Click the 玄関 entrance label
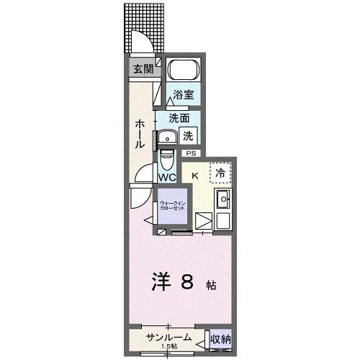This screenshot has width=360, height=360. [142, 69]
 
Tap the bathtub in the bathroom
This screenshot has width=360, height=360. [182, 71]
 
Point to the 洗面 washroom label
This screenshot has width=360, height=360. [179, 118]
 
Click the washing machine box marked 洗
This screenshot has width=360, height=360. [186, 135]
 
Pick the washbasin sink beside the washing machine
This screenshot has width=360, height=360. [167, 136]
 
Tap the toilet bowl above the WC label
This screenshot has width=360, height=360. [167, 157]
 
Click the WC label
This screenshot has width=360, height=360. [167, 177]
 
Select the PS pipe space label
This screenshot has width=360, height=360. [191, 153]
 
